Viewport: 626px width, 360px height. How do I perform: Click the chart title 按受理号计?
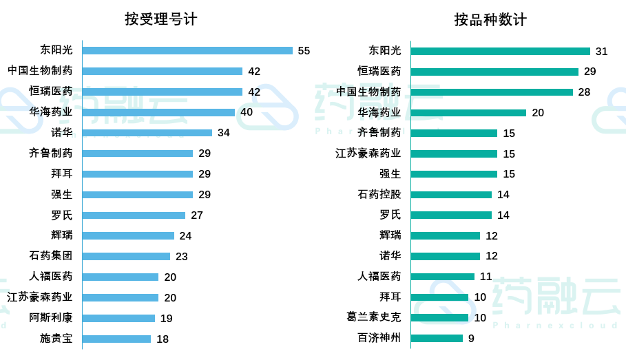click(160, 19)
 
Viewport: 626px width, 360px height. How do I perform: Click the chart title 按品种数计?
click(490, 19)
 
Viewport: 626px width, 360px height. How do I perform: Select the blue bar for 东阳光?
click(187, 50)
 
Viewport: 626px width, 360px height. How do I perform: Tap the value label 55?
click(304, 51)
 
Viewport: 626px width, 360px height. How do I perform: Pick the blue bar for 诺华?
click(147, 133)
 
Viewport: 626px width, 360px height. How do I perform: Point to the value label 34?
click(224, 133)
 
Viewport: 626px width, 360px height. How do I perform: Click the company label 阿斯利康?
click(51, 318)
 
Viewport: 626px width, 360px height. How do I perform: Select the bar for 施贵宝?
click(116, 339)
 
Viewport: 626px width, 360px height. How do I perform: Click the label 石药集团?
click(51, 256)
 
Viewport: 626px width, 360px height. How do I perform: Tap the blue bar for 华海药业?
click(158, 112)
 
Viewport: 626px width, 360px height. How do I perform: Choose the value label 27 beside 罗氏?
click(197, 215)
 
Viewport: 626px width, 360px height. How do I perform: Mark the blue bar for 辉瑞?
click(128, 235)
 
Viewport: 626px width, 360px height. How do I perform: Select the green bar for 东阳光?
click(501, 51)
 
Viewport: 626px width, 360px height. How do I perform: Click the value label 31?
click(602, 52)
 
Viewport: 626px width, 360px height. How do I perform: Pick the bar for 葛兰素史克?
click(439, 317)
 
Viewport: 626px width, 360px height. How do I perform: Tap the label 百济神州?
click(379, 338)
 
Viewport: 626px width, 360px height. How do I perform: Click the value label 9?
click(471, 339)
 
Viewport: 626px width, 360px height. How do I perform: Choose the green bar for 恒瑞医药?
click(494, 72)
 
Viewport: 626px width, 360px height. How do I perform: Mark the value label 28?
click(584, 92)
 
